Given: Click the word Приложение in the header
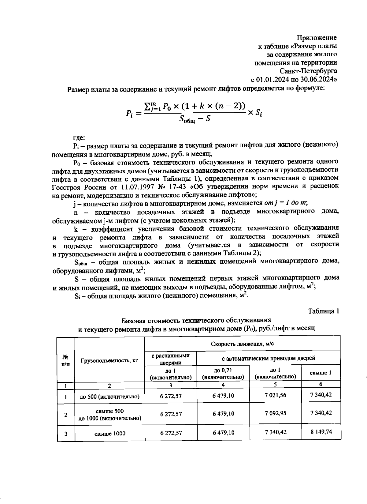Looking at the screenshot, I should click(317, 38).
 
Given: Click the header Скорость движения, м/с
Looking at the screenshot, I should click(242, 344).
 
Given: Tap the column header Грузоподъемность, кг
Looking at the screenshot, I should click(109, 360).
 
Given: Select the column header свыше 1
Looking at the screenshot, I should click(321, 373).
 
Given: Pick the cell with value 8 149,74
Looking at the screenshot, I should click(321, 432).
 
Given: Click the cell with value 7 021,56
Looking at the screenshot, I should click(275, 395).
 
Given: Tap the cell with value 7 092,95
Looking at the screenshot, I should click(275, 413).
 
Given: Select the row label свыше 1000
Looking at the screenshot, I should click(109, 434).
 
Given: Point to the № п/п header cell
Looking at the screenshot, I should click(66, 360).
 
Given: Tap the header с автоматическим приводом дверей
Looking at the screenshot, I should click(268, 358).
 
